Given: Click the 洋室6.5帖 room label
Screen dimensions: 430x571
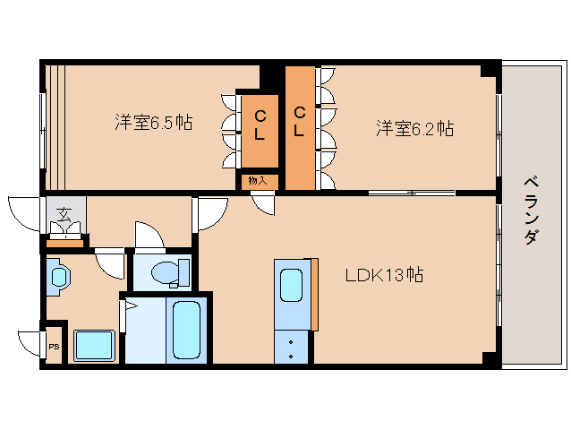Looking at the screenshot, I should [x=153, y=122].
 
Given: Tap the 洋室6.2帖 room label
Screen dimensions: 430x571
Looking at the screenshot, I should [x=413, y=128].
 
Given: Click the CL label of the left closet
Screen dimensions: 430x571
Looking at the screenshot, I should [x=259, y=125].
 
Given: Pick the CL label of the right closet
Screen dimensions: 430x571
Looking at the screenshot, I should [x=300, y=121].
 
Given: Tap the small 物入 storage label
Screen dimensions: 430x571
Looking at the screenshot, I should [x=258, y=181].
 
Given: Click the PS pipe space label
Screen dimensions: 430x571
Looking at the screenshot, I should [x=54, y=348].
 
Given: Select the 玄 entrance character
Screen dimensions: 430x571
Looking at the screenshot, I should [x=64, y=214].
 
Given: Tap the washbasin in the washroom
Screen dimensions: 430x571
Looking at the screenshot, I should [x=57, y=276].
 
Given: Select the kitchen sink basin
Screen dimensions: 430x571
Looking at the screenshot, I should [x=292, y=286].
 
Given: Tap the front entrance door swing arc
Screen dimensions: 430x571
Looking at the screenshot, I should [x=25, y=212].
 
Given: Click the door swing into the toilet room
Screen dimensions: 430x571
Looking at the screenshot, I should [x=149, y=235].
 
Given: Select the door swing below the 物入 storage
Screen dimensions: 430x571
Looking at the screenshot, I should [x=263, y=204].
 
